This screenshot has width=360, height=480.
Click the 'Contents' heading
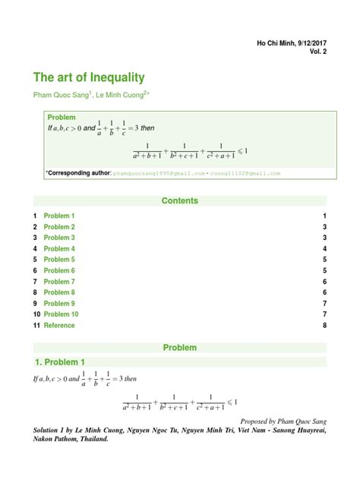click(180, 201)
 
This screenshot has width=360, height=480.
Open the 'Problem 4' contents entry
click(59, 249)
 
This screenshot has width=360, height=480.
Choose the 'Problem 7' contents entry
click(59, 282)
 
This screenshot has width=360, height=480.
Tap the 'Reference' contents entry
click(59, 325)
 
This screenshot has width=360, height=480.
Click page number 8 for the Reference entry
click(324, 325)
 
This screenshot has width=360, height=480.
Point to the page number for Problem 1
click(324, 216)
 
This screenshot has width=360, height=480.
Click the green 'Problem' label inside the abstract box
click(62, 117)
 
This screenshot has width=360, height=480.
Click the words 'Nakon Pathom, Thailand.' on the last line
click(75, 438)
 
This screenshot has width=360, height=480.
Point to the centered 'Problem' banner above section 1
click(180, 348)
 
